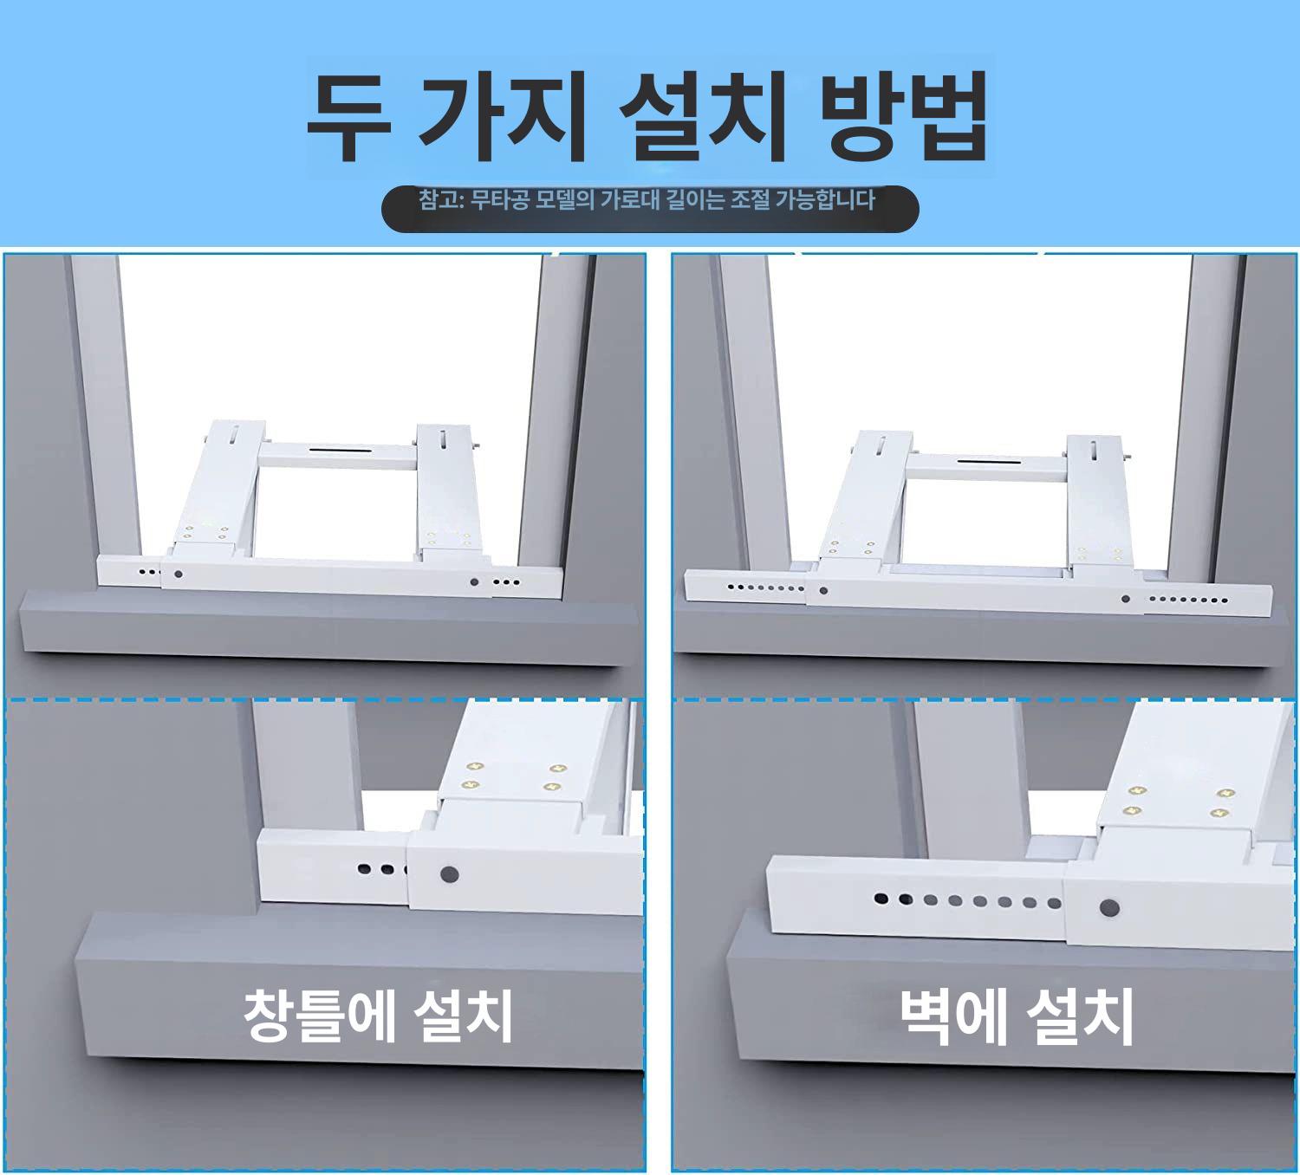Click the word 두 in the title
click(x=348, y=117)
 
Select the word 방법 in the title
click(x=902, y=117)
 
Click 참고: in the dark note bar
click(x=440, y=199)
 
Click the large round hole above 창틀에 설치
click(x=449, y=874)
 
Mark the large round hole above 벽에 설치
click(x=1109, y=908)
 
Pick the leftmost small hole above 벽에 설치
click(x=881, y=899)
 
